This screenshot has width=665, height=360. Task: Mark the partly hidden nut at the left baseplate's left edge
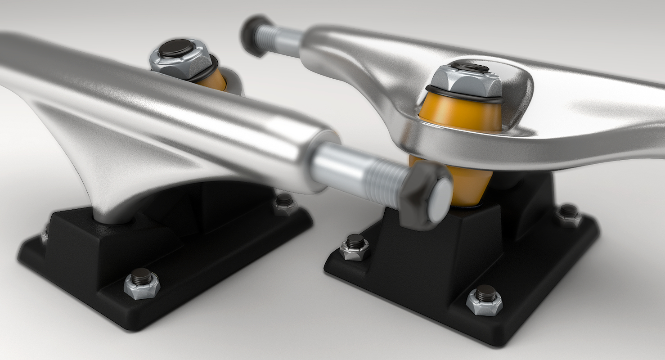click(x=45, y=234)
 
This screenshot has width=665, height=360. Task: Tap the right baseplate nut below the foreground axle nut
click(x=355, y=247)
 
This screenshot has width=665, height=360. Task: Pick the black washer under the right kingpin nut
click(x=466, y=95)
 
